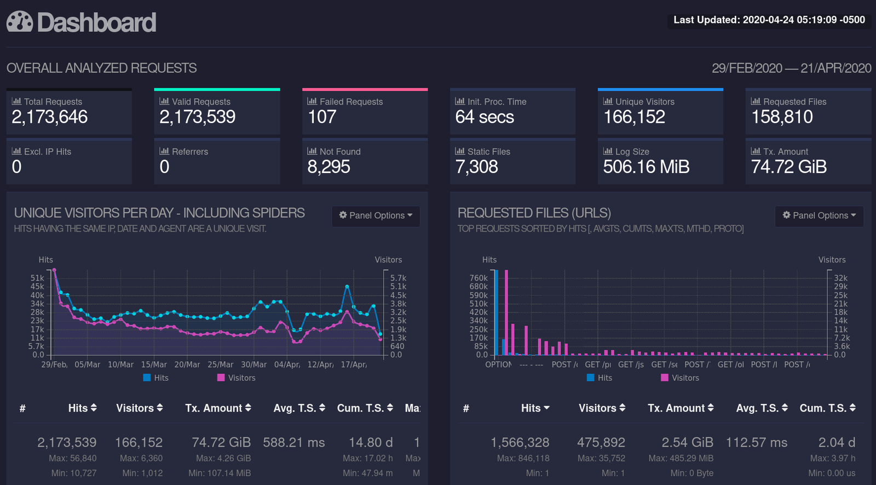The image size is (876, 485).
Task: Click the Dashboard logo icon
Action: click(x=20, y=22)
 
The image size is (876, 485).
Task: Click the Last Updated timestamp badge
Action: click(x=769, y=20)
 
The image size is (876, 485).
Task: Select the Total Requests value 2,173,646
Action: click(x=50, y=117)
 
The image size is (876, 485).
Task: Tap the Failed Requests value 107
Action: click(x=322, y=117)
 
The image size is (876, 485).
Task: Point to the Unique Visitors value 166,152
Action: click(x=634, y=117)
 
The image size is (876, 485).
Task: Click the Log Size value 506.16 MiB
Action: click(x=646, y=167)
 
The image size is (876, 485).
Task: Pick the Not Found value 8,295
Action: click(x=328, y=167)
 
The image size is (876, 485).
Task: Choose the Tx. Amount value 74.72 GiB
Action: click(x=788, y=167)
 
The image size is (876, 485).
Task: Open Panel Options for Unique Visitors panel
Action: click(x=376, y=215)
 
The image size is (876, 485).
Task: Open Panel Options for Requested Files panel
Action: click(x=819, y=215)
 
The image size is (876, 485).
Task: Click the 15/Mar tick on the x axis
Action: click(x=154, y=364)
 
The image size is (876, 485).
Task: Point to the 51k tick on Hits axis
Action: click(x=37, y=278)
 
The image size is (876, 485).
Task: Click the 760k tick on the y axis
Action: click(x=479, y=278)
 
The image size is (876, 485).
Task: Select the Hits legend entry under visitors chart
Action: click(x=156, y=378)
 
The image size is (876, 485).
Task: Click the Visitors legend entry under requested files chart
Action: click(x=680, y=378)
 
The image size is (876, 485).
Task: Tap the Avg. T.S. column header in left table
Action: click(x=299, y=408)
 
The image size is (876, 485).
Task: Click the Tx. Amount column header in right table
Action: click(x=681, y=408)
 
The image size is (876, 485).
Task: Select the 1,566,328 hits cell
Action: click(x=520, y=442)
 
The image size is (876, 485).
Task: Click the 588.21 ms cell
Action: click(x=294, y=442)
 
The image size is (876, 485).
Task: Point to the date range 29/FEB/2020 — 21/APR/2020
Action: click(x=791, y=68)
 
